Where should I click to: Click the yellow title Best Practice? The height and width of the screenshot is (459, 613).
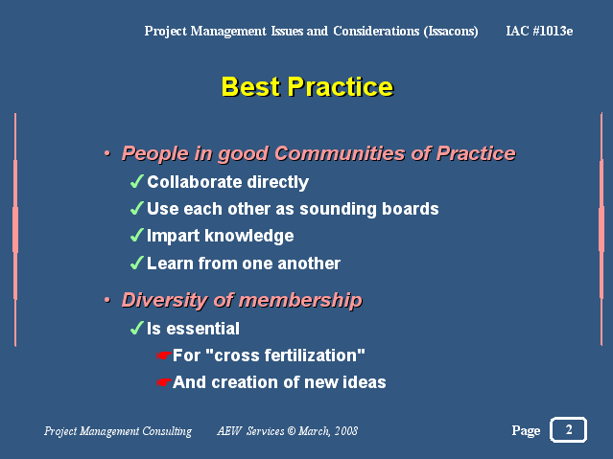click(307, 86)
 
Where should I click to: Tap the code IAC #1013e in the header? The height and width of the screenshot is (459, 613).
click(539, 31)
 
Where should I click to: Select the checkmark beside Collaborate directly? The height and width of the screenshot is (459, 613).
click(137, 182)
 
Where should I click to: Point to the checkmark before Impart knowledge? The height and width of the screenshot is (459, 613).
click(137, 235)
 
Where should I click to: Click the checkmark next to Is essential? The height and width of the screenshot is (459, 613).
click(137, 328)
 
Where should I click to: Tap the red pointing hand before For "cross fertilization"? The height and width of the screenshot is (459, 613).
click(163, 356)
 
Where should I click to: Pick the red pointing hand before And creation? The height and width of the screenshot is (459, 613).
click(163, 382)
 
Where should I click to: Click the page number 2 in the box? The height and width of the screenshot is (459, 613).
click(569, 429)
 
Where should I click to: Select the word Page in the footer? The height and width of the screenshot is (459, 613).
click(526, 430)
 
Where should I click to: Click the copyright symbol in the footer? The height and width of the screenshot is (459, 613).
click(292, 431)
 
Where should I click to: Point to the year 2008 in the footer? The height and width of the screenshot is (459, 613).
click(346, 431)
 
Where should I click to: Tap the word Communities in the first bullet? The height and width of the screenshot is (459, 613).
click(340, 153)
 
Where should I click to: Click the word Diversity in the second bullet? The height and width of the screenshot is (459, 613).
click(165, 300)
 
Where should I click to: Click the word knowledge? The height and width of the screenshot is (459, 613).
click(249, 236)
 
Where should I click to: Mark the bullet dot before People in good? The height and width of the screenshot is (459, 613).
click(107, 153)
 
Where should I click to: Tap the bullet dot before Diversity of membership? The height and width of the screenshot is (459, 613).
click(107, 300)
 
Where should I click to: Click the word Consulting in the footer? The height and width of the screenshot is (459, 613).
click(167, 431)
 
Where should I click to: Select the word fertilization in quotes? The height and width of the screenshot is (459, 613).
click(312, 356)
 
